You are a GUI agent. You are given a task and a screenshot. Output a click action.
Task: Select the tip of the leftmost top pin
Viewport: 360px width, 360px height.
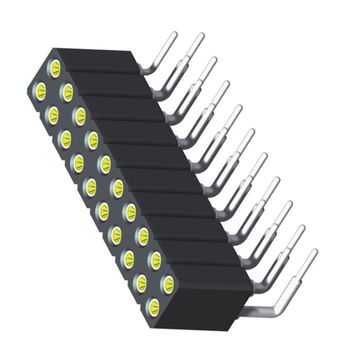click(x=175, y=35)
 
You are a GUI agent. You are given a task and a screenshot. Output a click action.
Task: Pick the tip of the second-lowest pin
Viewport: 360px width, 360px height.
click(x=301, y=231)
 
